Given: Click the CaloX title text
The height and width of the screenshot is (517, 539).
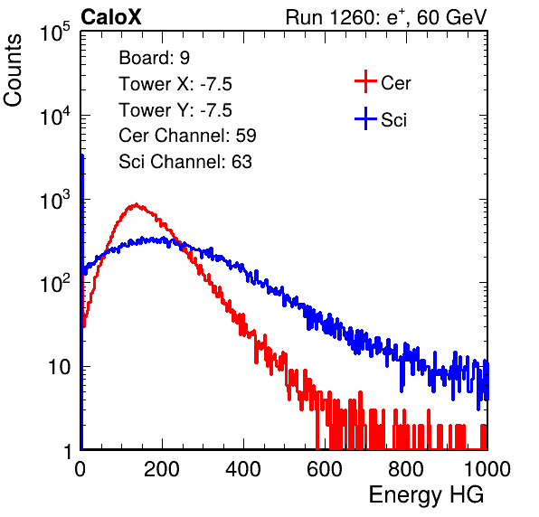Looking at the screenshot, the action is pyautogui.click(x=111, y=17).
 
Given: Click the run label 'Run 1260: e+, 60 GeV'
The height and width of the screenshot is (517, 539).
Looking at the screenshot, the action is pyautogui.click(x=386, y=17).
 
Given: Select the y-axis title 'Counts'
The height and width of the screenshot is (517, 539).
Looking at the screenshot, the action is pyautogui.click(x=13, y=70).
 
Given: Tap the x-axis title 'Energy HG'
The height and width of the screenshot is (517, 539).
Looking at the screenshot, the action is pyautogui.click(x=426, y=494).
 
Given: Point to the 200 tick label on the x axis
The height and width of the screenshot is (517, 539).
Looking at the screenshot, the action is pyautogui.click(x=162, y=469).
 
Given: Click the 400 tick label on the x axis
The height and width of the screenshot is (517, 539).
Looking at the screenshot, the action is pyautogui.click(x=243, y=469).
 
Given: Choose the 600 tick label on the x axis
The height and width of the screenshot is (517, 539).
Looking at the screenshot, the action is pyautogui.click(x=325, y=469).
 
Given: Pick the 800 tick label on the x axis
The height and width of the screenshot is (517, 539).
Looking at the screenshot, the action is pyautogui.click(x=406, y=469).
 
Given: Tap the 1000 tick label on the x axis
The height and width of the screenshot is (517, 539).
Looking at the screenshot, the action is pyautogui.click(x=487, y=469).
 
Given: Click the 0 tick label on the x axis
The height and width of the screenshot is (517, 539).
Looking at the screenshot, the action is pyautogui.click(x=80, y=469).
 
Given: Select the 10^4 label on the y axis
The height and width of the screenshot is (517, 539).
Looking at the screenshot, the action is pyautogui.click(x=55, y=116).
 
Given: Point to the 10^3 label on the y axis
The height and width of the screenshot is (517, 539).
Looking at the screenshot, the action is pyautogui.click(x=55, y=200).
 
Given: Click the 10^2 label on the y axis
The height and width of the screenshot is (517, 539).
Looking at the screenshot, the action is pyautogui.click(x=55, y=284).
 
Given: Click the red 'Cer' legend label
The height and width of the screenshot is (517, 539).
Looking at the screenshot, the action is pyautogui.click(x=395, y=83).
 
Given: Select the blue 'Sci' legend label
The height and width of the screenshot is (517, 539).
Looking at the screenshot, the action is pyautogui.click(x=393, y=120).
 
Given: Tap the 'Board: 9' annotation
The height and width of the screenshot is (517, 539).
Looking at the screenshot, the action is pyautogui.click(x=154, y=58).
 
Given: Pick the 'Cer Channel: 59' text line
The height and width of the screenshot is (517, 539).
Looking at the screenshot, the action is pyautogui.click(x=187, y=136).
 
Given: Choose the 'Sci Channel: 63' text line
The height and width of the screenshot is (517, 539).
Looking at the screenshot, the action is pyautogui.click(x=185, y=162).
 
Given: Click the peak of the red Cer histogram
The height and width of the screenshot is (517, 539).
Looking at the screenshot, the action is pyautogui.click(x=137, y=204).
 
